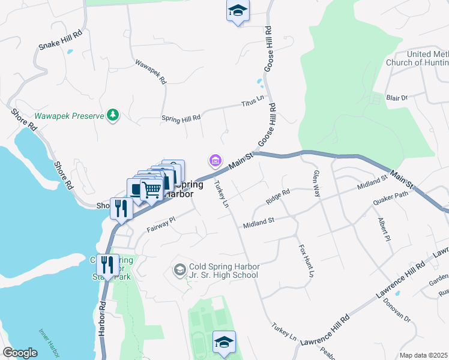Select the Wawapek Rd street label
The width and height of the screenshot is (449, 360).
tap(151, 71)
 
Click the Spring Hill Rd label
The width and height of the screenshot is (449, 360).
tap(181, 118)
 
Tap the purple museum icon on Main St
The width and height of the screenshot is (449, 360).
tap(215, 160)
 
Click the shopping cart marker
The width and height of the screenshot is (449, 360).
tap(152, 190)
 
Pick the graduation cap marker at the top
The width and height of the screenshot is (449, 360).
tap(238, 11)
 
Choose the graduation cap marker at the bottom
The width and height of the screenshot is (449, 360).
tap(224, 342)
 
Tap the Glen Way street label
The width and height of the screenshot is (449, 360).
tap(316, 184)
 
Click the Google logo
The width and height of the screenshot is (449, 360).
tap(20, 353)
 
